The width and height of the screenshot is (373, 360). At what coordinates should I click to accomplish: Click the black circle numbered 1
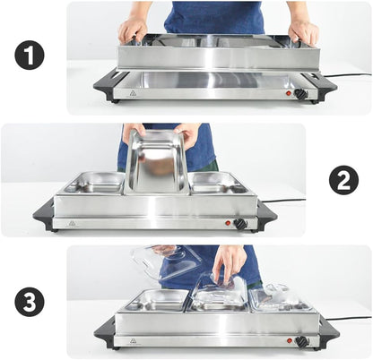click(x=30, y=56)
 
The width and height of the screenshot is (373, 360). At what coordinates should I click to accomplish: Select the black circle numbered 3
click(x=30, y=303)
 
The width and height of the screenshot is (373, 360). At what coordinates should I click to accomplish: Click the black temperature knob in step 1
click(x=300, y=93)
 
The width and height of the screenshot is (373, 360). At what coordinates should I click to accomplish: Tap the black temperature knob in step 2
click(x=239, y=223)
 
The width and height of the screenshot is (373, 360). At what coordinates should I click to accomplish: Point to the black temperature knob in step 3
click(x=302, y=341)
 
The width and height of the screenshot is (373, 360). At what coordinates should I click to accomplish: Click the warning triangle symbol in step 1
click(x=133, y=93)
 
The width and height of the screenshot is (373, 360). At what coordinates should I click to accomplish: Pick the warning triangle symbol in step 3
click(x=133, y=341)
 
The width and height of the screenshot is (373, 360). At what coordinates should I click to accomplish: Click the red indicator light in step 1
click(x=288, y=92)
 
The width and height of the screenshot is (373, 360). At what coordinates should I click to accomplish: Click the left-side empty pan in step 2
click(x=95, y=182)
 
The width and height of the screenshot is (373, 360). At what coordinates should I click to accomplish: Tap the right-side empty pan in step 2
click(x=218, y=182)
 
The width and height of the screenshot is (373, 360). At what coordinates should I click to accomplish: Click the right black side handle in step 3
click(x=328, y=330)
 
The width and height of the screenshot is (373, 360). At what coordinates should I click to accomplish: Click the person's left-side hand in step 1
click(x=133, y=30)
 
